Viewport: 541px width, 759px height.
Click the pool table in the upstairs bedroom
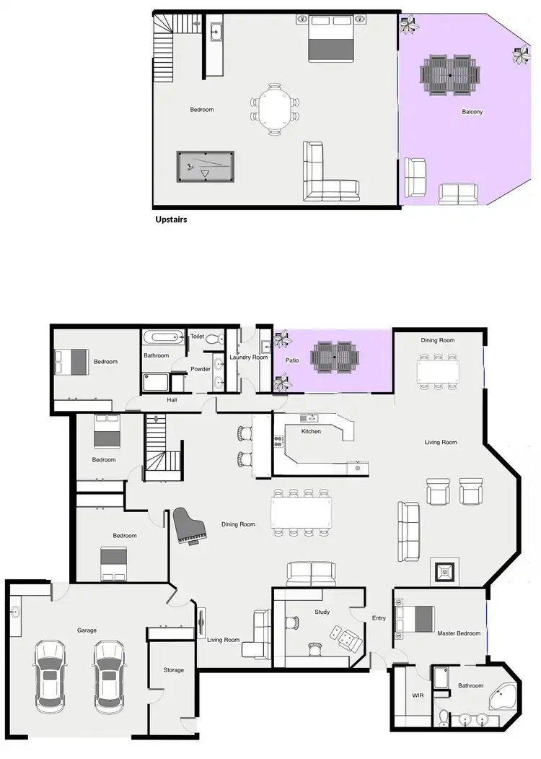pyautogui.click(x=206, y=167)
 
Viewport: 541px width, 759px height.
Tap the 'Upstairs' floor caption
pyautogui.click(x=171, y=219)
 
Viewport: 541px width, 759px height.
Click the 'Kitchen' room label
pyautogui.click(x=311, y=431)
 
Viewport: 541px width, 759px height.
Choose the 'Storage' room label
pyautogui.click(x=173, y=670)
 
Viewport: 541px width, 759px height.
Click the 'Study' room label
pyautogui.click(x=322, y=612)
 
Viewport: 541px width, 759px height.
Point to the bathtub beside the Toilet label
pyautogui.click(x=164, y=337)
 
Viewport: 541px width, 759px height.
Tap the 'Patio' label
pyautogui.click(x=292, y=359)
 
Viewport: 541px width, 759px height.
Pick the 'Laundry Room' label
pyautogui.click(x=249, y=357)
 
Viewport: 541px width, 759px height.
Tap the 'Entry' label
pyautogui.click(x=379, y=618)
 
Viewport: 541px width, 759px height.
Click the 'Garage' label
pyautogui.click(x=87, y=630)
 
